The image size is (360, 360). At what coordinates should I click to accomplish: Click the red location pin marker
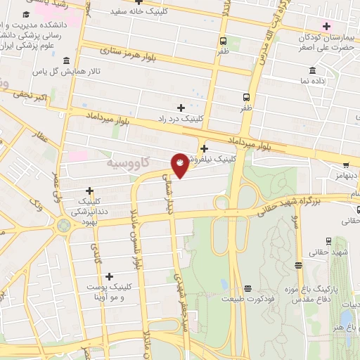181,165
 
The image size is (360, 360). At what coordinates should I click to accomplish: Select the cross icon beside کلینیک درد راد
181,108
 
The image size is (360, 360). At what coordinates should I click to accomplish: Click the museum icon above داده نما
313,70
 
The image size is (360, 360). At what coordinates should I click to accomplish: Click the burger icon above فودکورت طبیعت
247,288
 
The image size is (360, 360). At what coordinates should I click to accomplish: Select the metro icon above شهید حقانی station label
299,266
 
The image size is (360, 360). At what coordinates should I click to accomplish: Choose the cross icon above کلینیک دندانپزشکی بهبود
89,191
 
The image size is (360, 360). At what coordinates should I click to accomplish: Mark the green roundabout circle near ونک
64,226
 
